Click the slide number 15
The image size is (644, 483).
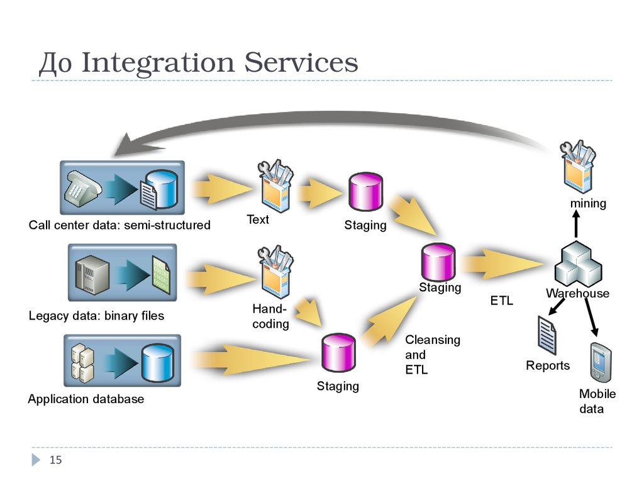coord(56,460)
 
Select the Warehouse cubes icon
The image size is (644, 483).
coord(577,265)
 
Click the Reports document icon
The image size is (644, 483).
coord(547,335)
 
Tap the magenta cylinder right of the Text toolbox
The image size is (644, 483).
coord(365,191)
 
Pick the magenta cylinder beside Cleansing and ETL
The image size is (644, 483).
coord(338,353)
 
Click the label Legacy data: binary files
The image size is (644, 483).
coord(96,316)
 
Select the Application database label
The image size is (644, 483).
coord(86,399)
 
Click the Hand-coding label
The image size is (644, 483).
coord(270,316)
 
